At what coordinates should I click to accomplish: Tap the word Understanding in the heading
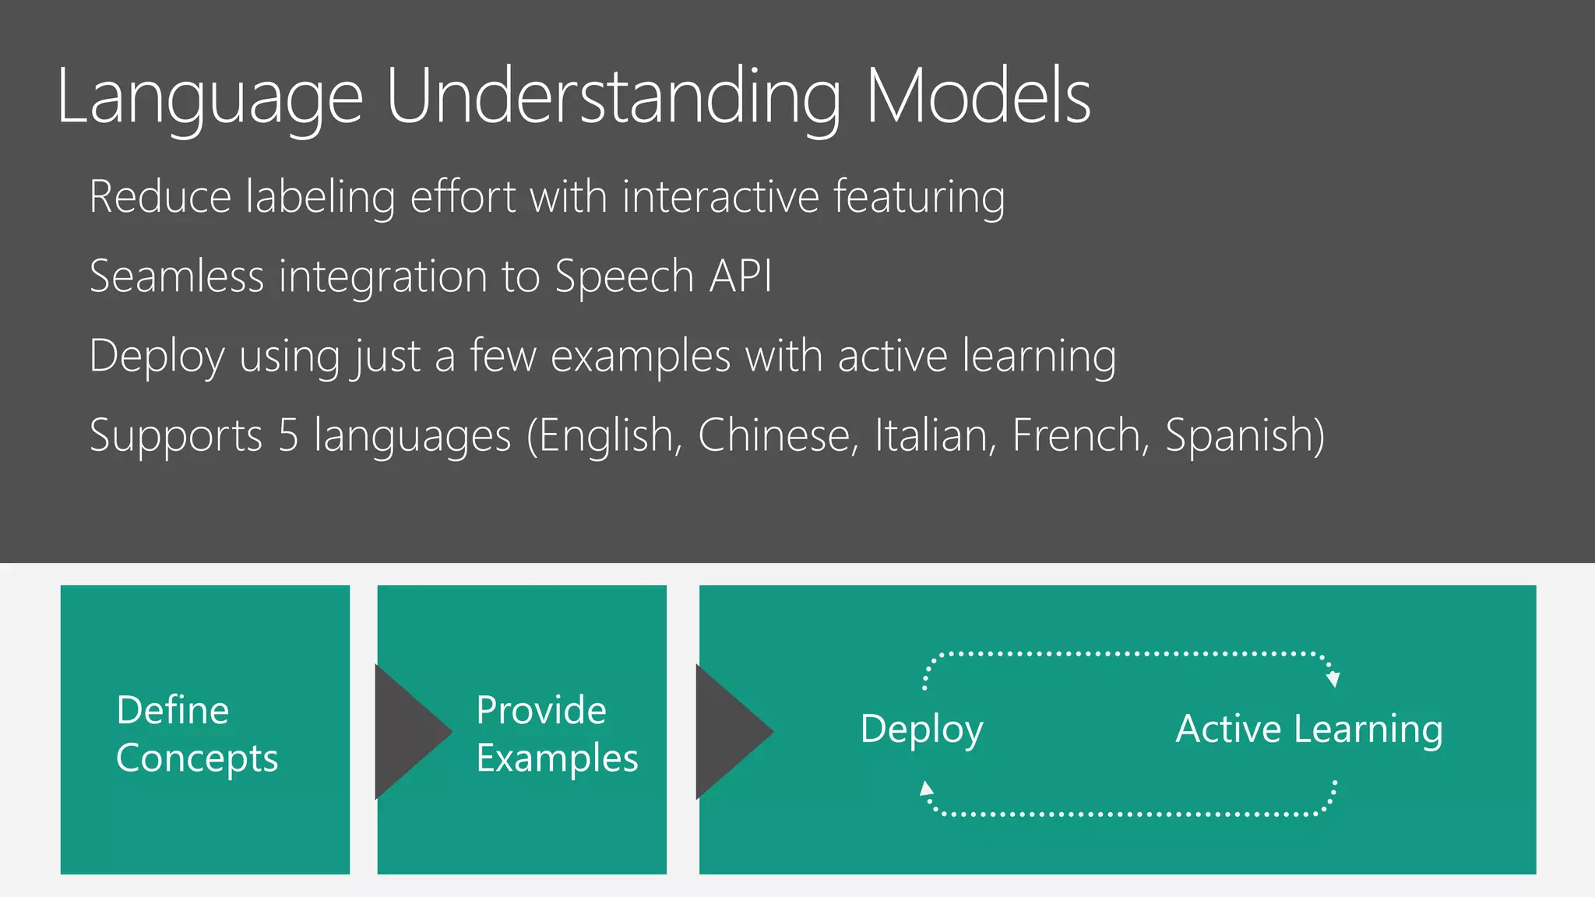tap(613, 97)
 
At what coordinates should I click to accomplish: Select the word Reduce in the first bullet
tap(160, 196)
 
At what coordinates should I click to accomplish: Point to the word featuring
tap(919, 198)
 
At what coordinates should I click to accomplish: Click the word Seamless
tap(177, 276)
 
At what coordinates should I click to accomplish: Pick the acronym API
tap(741, 276)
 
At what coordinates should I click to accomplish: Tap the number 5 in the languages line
tap(288, 434)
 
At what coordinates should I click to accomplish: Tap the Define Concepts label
tap(196, 733)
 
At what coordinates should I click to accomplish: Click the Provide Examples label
tap(556, 733)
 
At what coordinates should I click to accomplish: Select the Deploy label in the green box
tap(921, 730)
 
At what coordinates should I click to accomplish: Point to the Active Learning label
tap(1308, 730)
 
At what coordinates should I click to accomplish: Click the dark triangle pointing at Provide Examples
tap(409, 731)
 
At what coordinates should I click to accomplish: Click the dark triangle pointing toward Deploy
tap(730, 731)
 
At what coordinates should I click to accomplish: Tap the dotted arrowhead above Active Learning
tap(1333, 679)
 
